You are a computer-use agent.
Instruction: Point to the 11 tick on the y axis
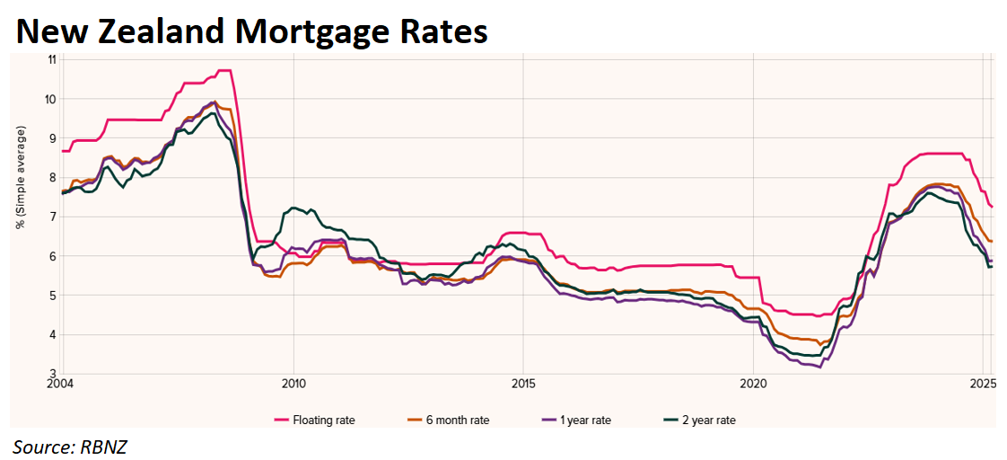tap(51, 59)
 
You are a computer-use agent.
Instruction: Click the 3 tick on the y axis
tap(53, 374)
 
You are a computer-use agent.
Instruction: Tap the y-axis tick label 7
tap(53, 217)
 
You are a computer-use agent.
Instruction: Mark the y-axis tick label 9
tap(53, 138)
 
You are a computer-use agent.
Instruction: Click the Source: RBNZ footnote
tap(71, 445)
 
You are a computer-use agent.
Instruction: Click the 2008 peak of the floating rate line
tap(224, 70)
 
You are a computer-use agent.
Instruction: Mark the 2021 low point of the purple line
tap(819, 367)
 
